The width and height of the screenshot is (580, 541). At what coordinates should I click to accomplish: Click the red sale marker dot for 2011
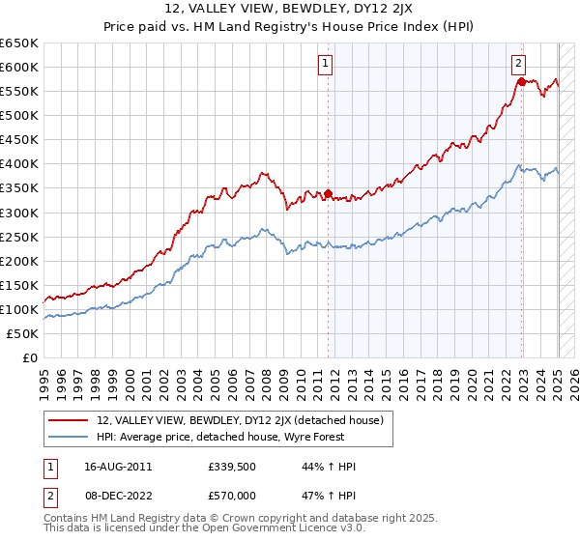click(328, 193)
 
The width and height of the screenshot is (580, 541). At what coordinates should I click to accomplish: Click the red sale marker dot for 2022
click(521, 82)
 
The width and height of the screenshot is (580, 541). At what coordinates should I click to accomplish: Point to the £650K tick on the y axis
click(19, 43)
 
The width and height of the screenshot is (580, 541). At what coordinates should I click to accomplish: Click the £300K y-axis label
click(19, 213)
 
